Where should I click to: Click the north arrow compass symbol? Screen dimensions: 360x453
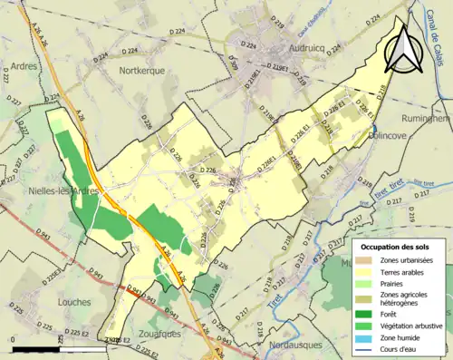[x=402, y=47]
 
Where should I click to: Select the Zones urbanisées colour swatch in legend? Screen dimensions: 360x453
[x=366, y=260]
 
